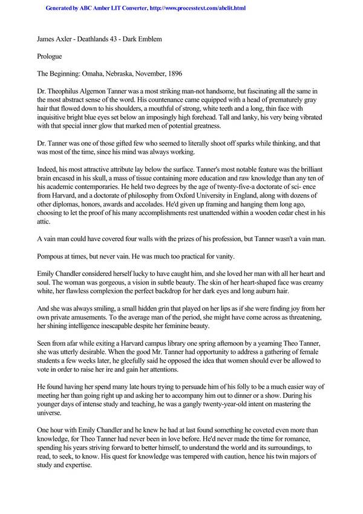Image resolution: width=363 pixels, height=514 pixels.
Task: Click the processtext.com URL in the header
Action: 197,8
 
